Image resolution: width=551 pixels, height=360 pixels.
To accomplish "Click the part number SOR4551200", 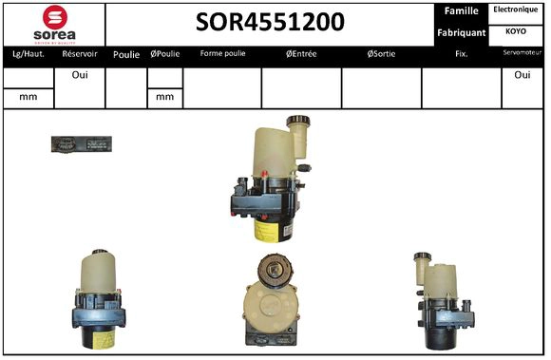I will (x=270, y=23).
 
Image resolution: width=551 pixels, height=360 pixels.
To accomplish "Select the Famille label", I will (x=461, y=11).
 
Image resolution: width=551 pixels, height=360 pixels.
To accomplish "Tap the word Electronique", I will (x=516, y=9).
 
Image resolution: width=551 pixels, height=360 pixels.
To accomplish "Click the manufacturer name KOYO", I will (x=516, y=30).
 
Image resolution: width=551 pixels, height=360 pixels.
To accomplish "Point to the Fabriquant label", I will (x=461, y=33).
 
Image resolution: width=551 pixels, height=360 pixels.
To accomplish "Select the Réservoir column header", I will (x=80, y=54).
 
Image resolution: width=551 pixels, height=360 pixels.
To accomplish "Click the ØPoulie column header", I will (x=164, y=54).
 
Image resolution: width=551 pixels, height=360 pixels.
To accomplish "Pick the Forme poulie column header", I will (x=222, y=54).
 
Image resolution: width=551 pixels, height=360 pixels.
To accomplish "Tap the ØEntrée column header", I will (x=301, y=54).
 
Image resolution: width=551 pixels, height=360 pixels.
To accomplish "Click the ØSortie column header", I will (x=381, y=54).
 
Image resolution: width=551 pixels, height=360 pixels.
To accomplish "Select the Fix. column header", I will (x=461, y=54).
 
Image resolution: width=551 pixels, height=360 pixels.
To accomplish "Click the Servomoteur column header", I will (x=522, y=54).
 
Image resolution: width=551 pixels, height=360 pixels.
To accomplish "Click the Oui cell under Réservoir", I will (x=80, y=75).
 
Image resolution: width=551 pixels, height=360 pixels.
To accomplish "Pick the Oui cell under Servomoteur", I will (x=522, y=75).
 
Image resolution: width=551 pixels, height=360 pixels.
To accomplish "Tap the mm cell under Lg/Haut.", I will (x=28, y=96).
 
